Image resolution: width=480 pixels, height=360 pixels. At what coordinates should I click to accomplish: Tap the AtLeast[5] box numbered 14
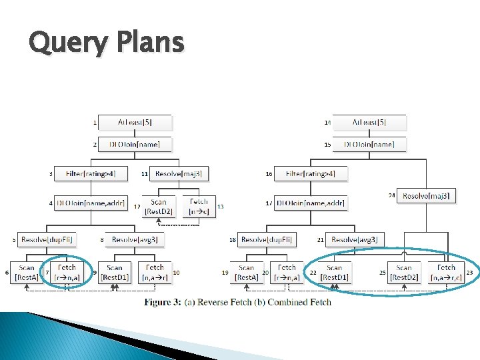coord(368,123)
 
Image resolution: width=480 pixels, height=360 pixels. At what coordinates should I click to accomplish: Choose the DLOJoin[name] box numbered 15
coord(368,144)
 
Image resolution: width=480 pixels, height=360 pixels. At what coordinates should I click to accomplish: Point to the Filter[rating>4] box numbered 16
coord(311,174)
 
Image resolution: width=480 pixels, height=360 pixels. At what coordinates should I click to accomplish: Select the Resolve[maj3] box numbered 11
coord(178,174)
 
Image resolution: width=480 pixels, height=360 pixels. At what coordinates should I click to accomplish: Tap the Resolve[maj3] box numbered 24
coord(427,195)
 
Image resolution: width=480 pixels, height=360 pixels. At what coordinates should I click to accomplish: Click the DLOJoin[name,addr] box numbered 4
coord(91,202)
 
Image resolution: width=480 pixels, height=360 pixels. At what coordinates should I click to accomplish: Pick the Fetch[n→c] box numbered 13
coord(199,207)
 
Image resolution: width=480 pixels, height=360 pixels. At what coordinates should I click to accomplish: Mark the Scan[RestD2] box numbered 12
coord(159,207)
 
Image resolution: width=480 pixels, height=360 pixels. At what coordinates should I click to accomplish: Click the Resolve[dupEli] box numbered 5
coord(47,239)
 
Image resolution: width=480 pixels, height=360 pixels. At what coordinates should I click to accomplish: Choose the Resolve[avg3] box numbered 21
coord(356,239)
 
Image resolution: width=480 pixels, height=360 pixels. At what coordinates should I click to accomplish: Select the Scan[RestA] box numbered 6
coord(27,273)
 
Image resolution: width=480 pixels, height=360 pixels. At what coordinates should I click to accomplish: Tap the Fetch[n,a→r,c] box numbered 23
coord(445,273)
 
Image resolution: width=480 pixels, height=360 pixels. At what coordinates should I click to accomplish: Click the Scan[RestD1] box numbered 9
coord(115,273)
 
